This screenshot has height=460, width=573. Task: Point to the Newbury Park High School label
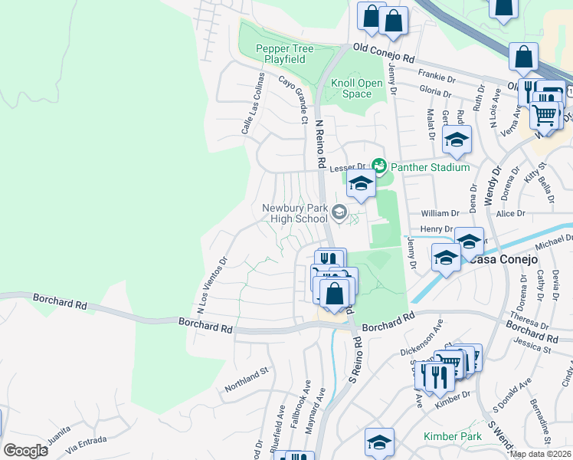pyautogui.click(x=294, y=213)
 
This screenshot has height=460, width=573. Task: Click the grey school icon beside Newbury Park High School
pyautogui.click(x=339, y=212)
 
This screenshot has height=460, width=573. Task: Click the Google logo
pyautogui.click(x=25, y=450)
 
